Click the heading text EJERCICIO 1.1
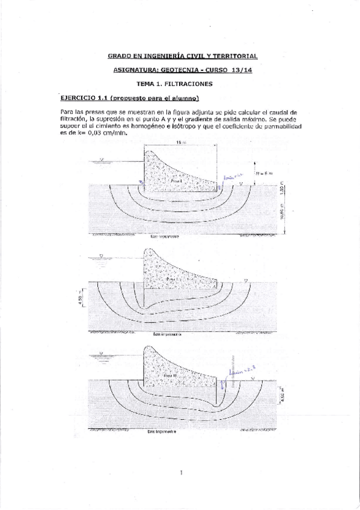81,98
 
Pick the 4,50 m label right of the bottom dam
282,395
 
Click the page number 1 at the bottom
180,473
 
